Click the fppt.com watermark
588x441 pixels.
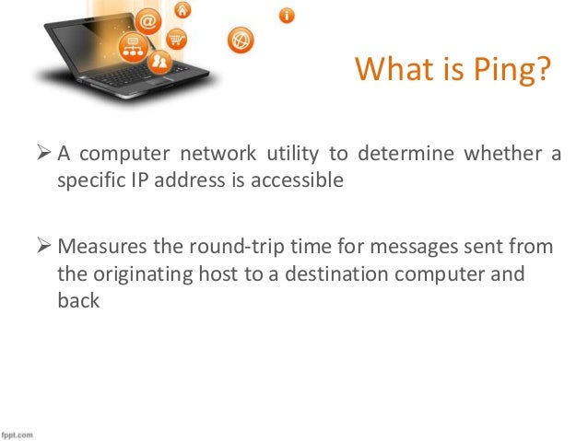17,433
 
